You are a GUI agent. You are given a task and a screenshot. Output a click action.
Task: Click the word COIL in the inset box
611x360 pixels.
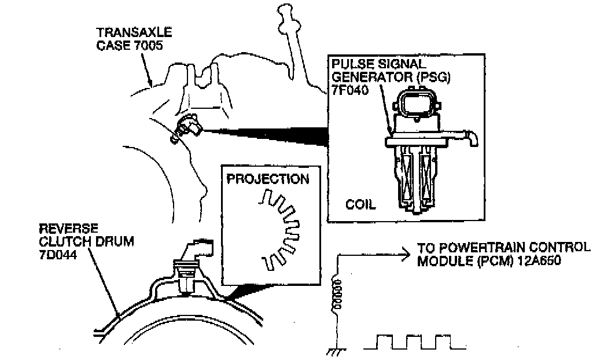coord(360,204)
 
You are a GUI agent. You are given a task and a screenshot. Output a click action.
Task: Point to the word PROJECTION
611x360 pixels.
coord(268,178)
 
